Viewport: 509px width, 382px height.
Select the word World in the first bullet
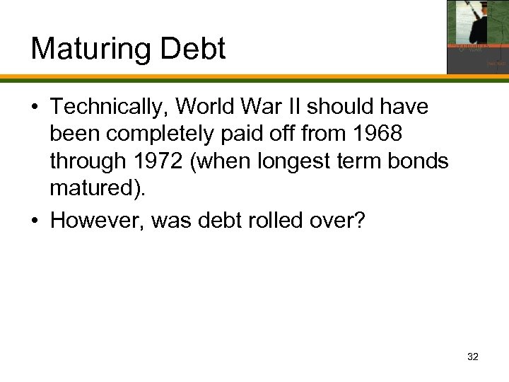tap(202, 108)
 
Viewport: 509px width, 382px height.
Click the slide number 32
tap(472, 357)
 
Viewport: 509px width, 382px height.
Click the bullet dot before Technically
tap(35, 108)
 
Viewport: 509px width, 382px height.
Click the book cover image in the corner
tap(477, 37)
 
